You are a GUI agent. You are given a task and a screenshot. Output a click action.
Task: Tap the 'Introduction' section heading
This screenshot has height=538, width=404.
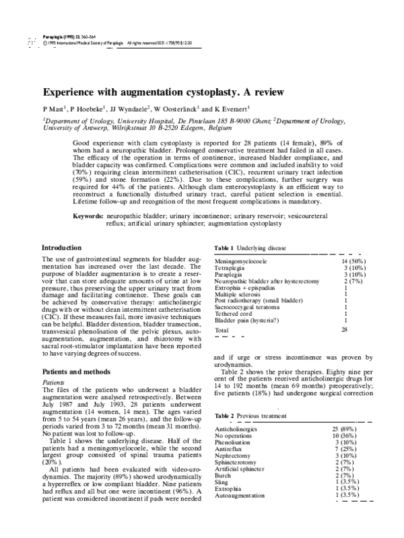click(66, 248)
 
